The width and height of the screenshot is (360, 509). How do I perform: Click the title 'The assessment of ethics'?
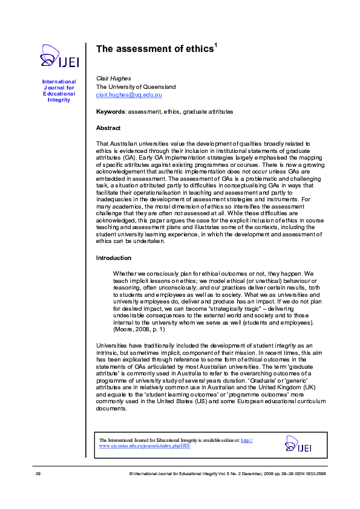coord(154,50)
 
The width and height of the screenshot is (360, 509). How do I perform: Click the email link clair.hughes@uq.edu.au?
coord(129,95)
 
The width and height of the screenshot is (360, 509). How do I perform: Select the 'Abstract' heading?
coord(108,128)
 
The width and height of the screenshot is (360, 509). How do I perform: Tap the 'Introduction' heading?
coord(114,258)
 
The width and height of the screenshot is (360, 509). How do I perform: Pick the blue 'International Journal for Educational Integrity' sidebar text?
coord(59,91)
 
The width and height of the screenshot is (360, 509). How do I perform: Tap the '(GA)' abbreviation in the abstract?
coord(129,157)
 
